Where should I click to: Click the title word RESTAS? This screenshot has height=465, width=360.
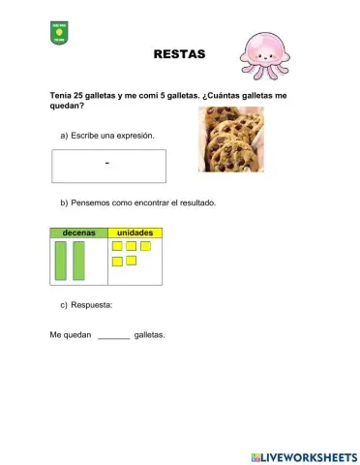click(x=180, y=54)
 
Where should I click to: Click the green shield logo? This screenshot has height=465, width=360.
click(x=59, y=34)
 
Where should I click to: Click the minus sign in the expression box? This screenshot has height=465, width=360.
click(x=106, y=163)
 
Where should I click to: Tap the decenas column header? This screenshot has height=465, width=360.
click(x=78, y=233)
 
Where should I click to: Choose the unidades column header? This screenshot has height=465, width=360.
click(x=135, y=233)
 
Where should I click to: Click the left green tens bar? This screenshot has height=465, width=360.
click(x=61, y=261)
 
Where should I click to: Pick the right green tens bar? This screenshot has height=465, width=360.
click(x=79, y=261)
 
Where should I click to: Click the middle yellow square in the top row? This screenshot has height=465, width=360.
click(x=131, y=246)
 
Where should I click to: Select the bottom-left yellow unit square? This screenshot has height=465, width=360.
click(x=117, y=261)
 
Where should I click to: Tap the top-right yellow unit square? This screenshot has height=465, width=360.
click(x=145, y=246)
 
